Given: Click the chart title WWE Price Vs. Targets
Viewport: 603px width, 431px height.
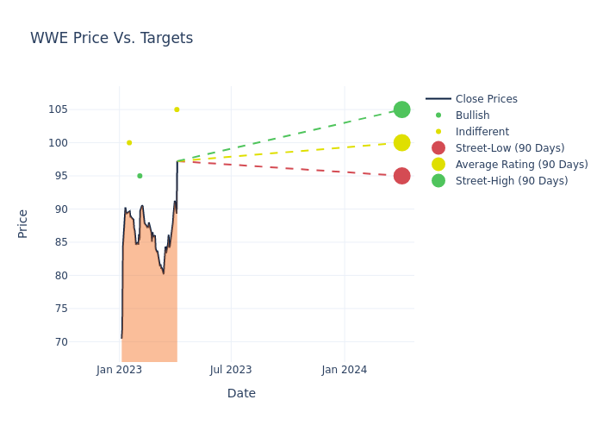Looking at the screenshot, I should click(x=111, y=38).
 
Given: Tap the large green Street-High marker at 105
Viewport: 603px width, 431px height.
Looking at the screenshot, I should click(x=401, y=109).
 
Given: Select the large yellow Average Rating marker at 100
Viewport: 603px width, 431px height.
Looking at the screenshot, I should click(x=401, y=143).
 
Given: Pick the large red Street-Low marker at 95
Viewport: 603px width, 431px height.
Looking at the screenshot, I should click(x=401, y=176).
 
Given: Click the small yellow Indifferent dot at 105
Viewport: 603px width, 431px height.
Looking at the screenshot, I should click(x=177, y=109).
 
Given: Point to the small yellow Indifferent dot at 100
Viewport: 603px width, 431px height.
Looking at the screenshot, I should click(x=129, y=143).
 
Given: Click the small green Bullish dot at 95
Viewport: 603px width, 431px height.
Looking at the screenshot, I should click(x=140, y=176).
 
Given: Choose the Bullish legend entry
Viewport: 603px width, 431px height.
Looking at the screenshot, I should click(x=472, y=116).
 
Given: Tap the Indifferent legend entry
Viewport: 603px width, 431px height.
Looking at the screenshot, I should click(x=482, y=132).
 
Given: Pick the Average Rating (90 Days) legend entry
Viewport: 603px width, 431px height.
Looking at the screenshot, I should click(x=521, y=165).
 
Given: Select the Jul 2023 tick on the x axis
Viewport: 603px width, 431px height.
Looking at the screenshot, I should click(x=231, y=370).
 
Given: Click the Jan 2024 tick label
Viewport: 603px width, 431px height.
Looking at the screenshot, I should click(x=345, y=370).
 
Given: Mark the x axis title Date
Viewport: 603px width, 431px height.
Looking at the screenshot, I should click(x=241, y=393).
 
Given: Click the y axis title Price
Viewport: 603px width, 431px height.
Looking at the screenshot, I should click(x=23, y=223).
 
